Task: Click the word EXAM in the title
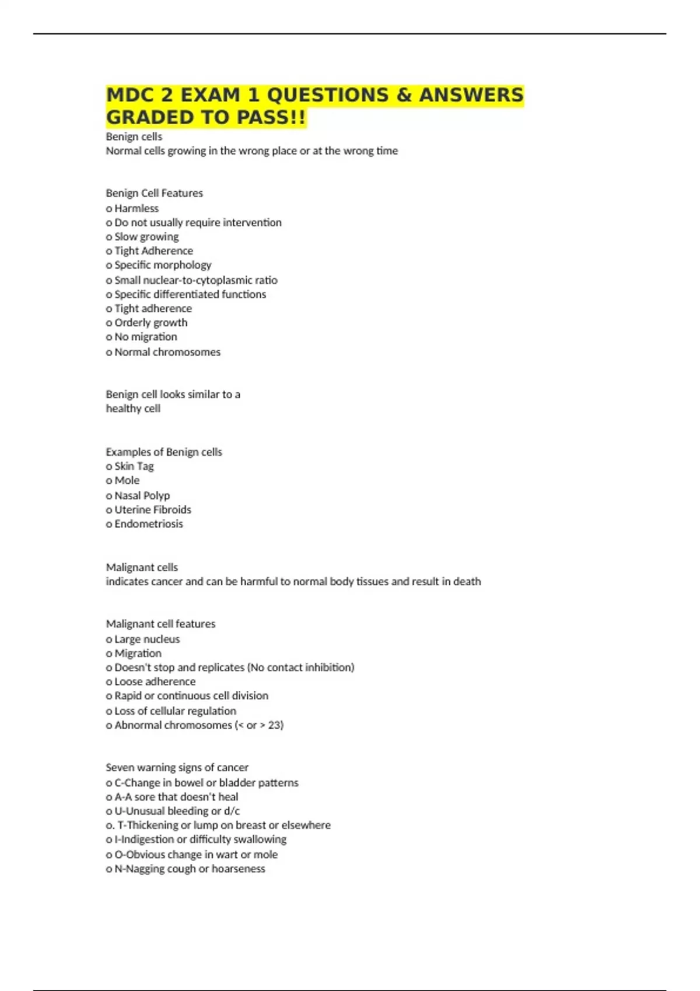click(211, 95)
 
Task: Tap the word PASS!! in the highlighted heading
click(271, 118)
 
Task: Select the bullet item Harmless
click(136, 208)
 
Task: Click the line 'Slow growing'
click(146, 237)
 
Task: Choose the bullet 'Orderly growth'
click(150, 322)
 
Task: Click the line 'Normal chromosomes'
click(167, 352)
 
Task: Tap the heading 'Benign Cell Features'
click(154, 193)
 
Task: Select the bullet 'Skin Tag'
click(134, 466)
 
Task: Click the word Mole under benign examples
click(127, 480)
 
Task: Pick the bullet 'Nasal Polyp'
click(142, 495)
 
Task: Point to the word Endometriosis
click(148, 523)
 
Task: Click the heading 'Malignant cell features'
click(160, 624)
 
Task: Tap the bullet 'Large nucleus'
click(147, 639)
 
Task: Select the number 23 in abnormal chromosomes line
click(274, 725)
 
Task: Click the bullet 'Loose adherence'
click(155, 681)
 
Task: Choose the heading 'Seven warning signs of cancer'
click(177, 767)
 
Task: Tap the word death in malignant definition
click(467, 581)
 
